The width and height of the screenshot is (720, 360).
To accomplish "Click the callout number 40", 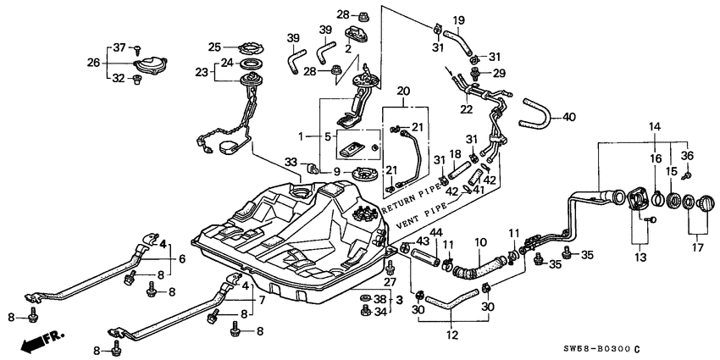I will [x=568, y=118].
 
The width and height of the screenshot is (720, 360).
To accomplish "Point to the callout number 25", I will [x=214, y=47].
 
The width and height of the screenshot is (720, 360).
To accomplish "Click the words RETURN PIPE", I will [x=413, y=195].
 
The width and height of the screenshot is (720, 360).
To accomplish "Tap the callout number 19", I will [x=458, y=20].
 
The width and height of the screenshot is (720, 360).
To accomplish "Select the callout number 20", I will [x=402, y=91].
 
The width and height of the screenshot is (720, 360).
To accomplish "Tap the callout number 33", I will [x=291, y=161].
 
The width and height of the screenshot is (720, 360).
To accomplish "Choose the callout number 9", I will [x=337, y=172].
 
